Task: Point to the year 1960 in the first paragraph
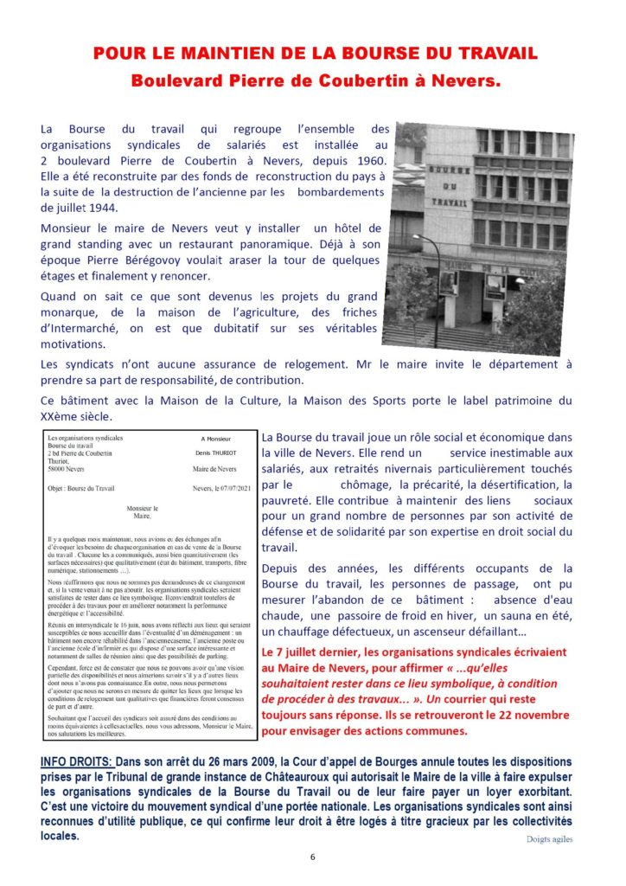click(357, 161)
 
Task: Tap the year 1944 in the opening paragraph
click(112, 207)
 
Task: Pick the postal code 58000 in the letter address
click(60, 470)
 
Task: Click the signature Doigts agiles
click(548, 838)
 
